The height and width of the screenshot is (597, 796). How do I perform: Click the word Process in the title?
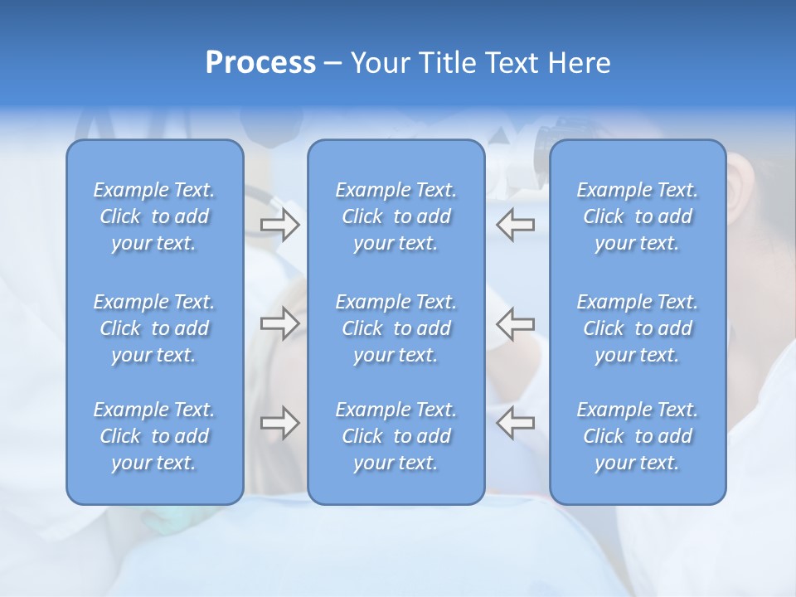(x=260, y=63)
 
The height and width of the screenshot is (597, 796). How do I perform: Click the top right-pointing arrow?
(x=279, y=225)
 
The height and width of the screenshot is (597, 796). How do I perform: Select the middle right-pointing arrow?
(x=279, y=323)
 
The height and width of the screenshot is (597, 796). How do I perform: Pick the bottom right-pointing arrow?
(x=279, y=423)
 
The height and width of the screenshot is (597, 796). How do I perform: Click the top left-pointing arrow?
(x=516, y=225)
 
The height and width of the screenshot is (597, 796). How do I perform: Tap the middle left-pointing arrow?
(x=516, y=323)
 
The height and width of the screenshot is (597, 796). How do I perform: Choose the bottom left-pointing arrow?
(x=516, y=423)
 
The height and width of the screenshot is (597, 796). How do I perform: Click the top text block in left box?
(x=154, y=216)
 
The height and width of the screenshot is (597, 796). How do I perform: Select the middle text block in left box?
(x=154, y=328)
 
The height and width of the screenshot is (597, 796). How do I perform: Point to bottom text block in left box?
(x=154, y=436)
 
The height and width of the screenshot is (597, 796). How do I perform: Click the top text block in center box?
(x=396, y=216)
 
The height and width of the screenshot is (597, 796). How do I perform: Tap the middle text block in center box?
(x=396, y=328)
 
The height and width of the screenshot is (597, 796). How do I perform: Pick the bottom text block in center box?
(x=396, y=436)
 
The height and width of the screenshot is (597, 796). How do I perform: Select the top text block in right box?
(x=637, y=216)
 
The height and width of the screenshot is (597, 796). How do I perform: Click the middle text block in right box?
(x=637, y=328)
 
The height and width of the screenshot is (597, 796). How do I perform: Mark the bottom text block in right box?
(x=637, y=436)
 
